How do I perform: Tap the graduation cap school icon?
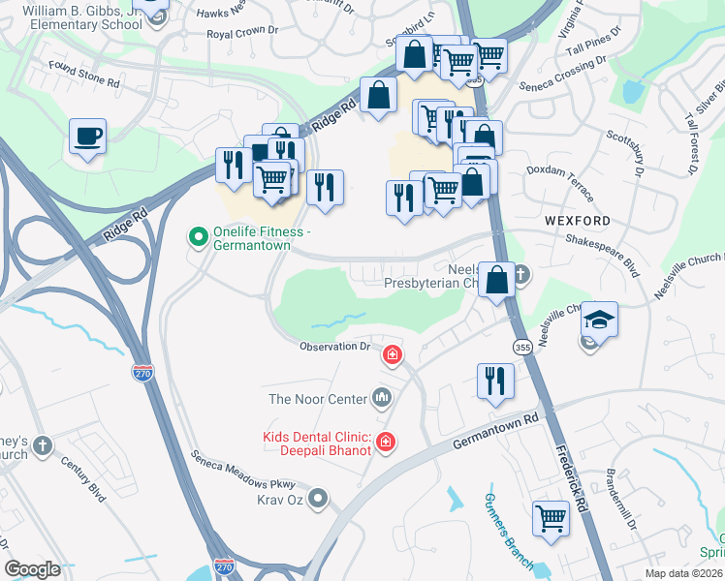point(599,320)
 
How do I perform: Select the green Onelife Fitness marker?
point(198,235)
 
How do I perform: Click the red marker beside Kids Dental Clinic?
point(386,443)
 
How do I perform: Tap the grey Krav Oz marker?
point(321,499)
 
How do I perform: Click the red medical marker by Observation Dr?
point(392,355)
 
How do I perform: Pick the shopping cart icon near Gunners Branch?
point(551,517)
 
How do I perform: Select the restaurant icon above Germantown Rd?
point(495,381)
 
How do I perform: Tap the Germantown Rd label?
point(496,432)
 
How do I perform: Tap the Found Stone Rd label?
point(85,77)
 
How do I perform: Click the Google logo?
point(32,568)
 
